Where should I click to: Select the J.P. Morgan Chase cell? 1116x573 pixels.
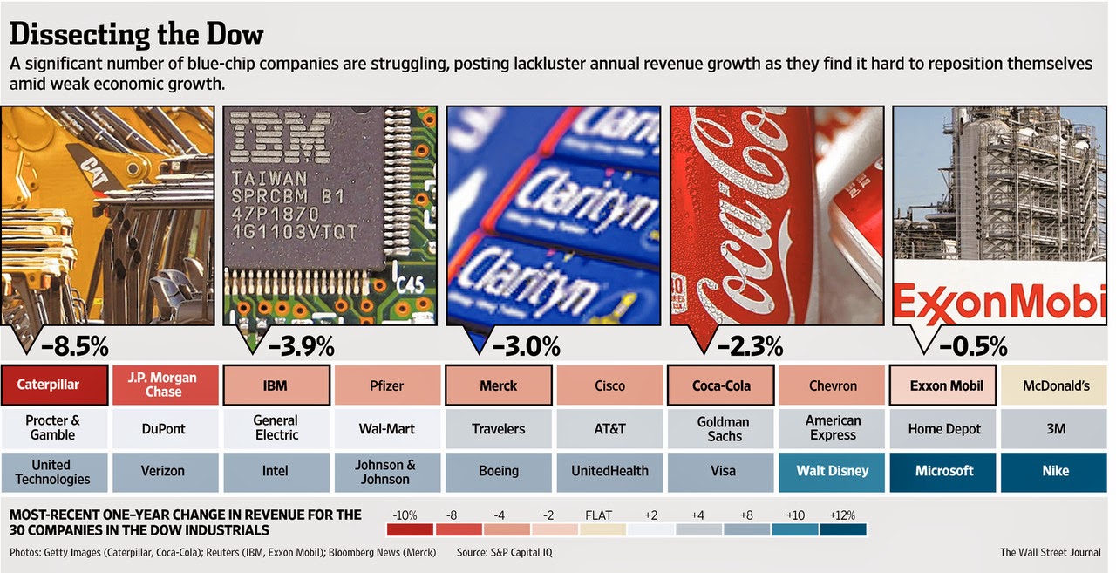click(165, 385)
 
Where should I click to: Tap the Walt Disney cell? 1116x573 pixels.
click(833, 471)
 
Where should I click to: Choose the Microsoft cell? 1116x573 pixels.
click(944, 471)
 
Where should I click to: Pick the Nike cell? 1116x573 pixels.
click(1055, 471)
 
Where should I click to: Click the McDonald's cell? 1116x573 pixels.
click(1055, 385)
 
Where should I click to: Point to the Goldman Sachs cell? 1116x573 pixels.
click(723, 428)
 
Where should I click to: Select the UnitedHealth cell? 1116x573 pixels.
click(609, 471)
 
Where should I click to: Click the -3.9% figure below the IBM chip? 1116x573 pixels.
click(301, 346)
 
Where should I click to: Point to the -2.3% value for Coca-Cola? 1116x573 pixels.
click(749, 346)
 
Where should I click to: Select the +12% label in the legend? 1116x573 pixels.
click(842, 515)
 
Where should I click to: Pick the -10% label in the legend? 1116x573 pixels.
click(407, 515)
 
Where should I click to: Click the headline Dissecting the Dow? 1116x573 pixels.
click(136, 36)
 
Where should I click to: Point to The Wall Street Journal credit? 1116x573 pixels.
click(1050, 552)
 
